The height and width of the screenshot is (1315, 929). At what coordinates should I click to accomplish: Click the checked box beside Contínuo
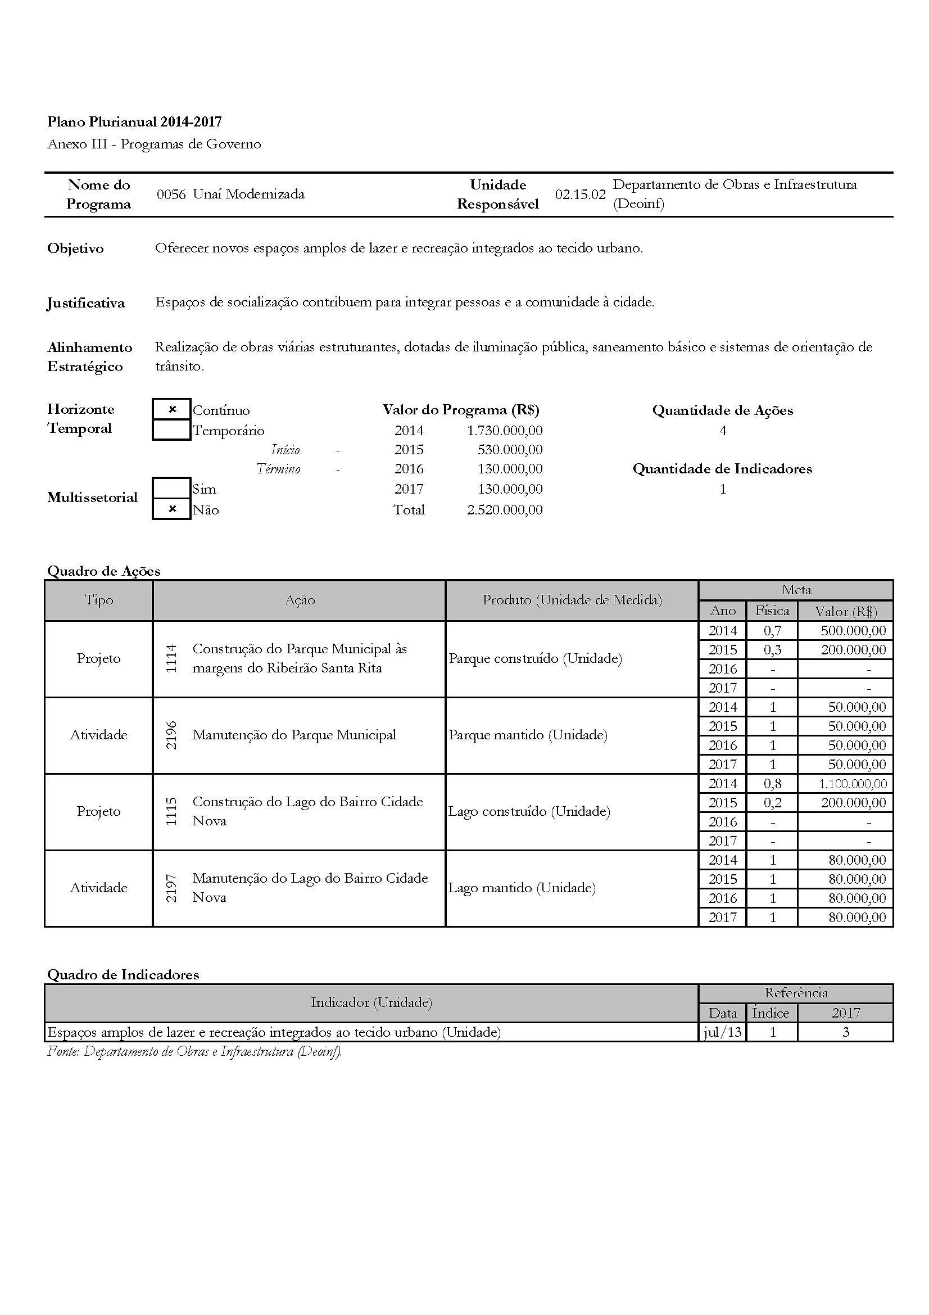172,409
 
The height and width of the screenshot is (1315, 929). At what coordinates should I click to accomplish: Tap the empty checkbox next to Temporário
172,430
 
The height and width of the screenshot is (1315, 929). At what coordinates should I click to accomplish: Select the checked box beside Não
172,509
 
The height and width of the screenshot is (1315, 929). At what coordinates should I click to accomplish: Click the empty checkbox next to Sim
172,489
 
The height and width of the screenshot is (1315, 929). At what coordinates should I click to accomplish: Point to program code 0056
171,194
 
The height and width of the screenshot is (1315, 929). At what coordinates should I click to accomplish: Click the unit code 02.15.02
580,194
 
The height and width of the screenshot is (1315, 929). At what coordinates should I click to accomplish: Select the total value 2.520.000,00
504,510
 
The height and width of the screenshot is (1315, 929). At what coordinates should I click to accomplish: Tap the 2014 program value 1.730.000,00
504,430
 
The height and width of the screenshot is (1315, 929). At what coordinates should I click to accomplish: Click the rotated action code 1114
171,658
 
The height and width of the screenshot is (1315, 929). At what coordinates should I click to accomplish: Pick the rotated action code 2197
171,888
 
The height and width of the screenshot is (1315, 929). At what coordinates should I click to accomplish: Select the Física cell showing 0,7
772,631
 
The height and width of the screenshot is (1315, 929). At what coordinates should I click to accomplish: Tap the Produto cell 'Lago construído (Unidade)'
529,812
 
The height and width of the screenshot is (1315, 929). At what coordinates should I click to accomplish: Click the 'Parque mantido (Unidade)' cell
528,735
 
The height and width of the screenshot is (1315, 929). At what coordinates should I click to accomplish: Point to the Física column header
772,611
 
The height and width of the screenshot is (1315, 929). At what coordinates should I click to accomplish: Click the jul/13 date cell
722,1032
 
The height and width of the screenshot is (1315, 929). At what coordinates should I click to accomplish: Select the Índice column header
771,1013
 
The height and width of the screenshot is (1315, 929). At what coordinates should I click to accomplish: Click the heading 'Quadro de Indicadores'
123,974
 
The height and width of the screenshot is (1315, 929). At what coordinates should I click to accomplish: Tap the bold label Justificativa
86,303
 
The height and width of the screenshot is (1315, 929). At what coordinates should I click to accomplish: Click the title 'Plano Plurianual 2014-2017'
134,121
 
